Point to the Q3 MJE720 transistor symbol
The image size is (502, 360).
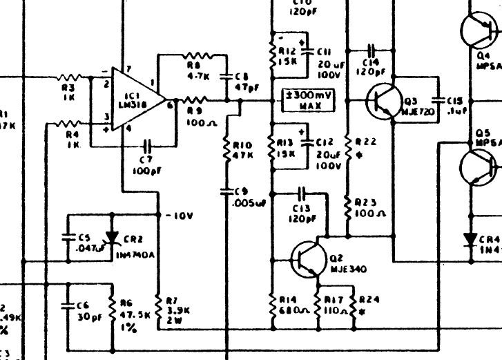(x=380, y=100)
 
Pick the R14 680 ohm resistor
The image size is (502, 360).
(x=273, y=303)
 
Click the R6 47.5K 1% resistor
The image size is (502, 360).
(x=112, y=304)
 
